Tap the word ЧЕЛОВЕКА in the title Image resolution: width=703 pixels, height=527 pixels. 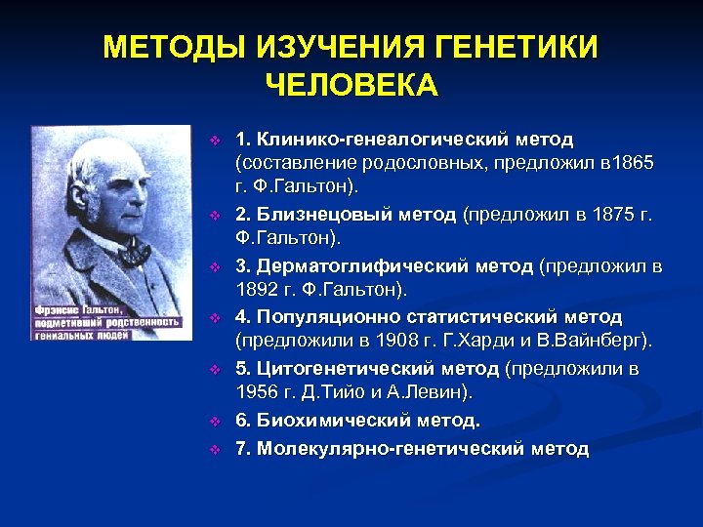351,85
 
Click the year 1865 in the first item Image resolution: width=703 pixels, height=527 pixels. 631,160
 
